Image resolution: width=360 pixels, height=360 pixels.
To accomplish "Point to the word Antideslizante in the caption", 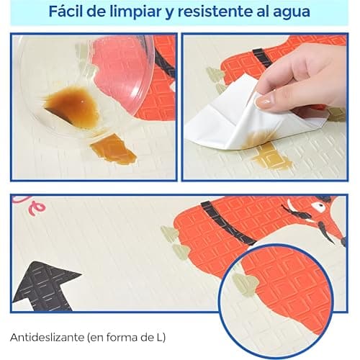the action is (48, 337).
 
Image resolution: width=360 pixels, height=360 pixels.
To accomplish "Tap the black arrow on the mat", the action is (45, 286).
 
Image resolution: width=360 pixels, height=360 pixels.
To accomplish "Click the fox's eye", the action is (320, 206).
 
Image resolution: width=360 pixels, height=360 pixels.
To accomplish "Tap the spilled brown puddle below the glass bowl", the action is (113, 149).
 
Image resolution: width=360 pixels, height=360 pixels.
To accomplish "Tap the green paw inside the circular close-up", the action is (246, 285).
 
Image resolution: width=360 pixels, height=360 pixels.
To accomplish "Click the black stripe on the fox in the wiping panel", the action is (262, 58).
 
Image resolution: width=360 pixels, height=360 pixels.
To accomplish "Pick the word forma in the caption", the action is (123, 337).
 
